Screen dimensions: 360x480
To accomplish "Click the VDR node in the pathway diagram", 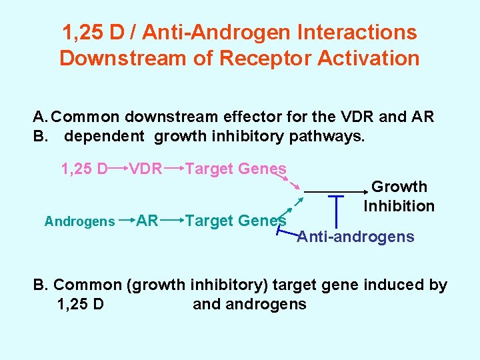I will [145, 169].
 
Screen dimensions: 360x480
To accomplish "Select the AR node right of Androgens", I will [147, 221].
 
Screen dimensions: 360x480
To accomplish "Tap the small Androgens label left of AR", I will [80, 221].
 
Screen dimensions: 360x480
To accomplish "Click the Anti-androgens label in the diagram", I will [356, 237].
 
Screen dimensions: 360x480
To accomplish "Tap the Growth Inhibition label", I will [399, 197].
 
